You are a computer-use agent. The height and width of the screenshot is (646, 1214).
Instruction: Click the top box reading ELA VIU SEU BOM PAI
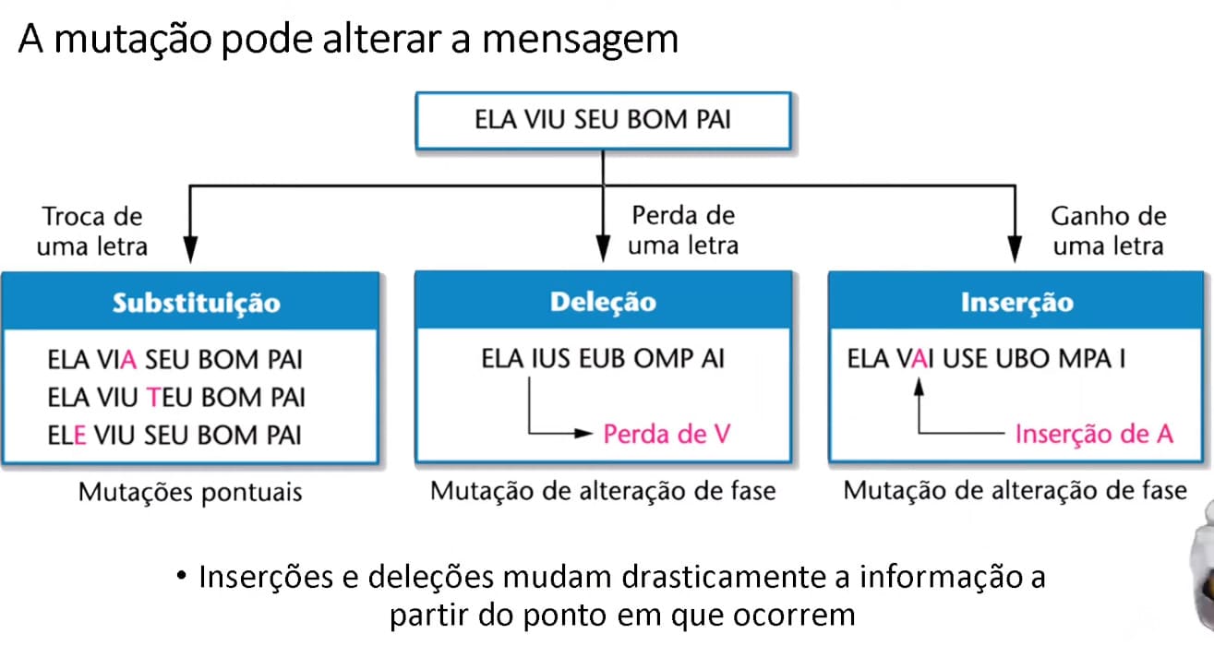(x=603, y=121)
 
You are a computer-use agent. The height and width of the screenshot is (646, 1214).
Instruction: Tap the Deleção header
(x=603, y=301)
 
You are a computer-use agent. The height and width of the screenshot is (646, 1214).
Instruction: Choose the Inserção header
(x=1016, y=301)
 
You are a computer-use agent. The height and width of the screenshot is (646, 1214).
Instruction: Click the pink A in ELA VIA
(x=128, y=360)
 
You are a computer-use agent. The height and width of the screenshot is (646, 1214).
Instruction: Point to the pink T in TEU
(x=154, y=398)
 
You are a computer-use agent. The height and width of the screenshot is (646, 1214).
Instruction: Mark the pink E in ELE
(x=79, y=436)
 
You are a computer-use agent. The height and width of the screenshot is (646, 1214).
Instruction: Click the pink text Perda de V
(x=667, y=434)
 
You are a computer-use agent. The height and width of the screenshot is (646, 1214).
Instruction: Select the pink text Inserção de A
(x=1094, y=434)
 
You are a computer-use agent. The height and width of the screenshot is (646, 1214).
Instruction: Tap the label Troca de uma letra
(x=92, y=232)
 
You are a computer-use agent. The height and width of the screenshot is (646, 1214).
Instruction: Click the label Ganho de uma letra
(x=1109, y=231)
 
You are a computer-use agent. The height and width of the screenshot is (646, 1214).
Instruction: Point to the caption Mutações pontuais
(x=190, y=493)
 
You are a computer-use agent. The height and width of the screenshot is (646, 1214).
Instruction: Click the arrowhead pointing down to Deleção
(x=603, y=249)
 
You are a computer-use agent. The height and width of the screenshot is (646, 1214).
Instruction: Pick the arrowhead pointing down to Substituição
(x=190, y=249)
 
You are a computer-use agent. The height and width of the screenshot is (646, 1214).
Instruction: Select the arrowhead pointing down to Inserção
(x=1016, y=249)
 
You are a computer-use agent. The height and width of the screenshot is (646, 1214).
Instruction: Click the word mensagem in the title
(x=580, y=41)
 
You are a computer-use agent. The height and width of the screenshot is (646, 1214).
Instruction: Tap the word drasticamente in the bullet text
(x=724, y=577)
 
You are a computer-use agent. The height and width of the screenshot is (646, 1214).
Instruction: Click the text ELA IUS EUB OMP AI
(x=603, y=359)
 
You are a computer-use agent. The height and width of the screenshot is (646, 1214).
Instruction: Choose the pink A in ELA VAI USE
(x=920, y=359)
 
